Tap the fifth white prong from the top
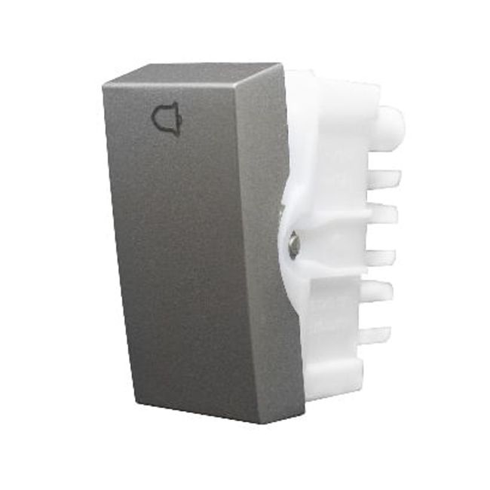(381, 291)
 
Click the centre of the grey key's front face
(198, 249)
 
